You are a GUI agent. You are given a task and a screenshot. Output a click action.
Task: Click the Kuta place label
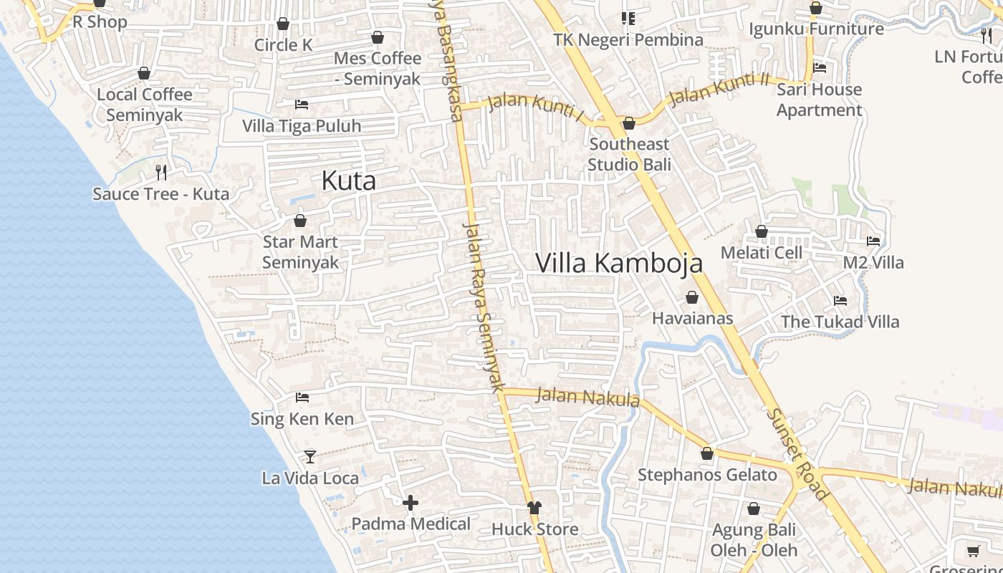(348, 180)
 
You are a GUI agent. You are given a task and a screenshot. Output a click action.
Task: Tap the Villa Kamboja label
(619, 264)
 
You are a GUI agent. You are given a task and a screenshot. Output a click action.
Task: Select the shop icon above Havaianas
(692, 297)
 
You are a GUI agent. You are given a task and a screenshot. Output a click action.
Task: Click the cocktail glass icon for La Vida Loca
(309, 456)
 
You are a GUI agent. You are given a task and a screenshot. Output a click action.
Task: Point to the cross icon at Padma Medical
(411, 503)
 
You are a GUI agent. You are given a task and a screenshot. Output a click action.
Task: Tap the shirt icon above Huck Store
(534, 508)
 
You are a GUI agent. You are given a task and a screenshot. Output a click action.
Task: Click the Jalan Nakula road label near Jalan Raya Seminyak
(587, 397)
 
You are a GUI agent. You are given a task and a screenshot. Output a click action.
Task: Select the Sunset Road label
(797, 453)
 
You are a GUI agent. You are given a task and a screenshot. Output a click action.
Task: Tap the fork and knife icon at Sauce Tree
(161, 172)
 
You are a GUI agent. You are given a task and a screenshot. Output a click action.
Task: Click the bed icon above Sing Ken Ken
(302, 397)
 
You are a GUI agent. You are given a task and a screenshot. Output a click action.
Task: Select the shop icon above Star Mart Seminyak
(300, 221)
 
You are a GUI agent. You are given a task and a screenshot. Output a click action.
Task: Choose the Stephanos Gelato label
(707, 475)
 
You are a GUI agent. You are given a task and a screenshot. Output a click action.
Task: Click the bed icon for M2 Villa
(873, 241)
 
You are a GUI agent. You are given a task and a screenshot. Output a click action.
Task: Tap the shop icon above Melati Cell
(762, 232)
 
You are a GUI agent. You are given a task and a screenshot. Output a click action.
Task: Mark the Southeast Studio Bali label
(629, 155)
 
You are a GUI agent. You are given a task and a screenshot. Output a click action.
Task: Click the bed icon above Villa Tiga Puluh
(302, 105)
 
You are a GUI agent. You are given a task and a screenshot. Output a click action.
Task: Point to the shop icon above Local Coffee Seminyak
(144, 73)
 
